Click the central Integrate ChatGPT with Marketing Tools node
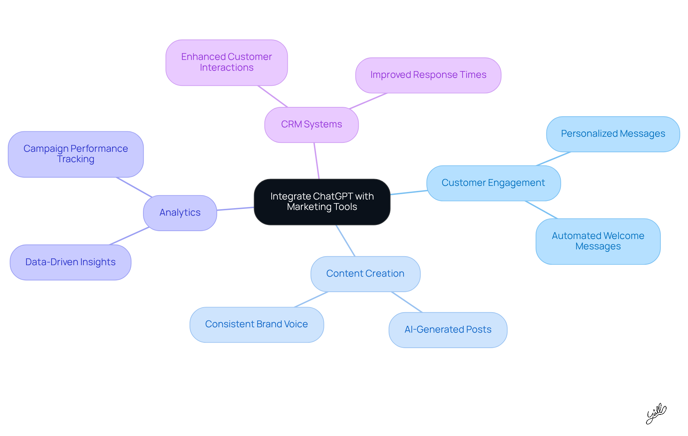(322, 202)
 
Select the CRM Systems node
(311, 125)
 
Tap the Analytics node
(180, 213)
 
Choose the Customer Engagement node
(493, 183)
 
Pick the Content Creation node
(365, 274)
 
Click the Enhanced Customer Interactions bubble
(226, 62)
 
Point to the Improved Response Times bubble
(428, 75)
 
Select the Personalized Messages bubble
(613, 134)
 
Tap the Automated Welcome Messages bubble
(598, 241)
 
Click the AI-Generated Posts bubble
(448, 330)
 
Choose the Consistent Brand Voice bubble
(256, 324)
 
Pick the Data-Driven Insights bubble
(70, 262)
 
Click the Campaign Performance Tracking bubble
(76, 154)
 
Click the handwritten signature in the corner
(656, 413)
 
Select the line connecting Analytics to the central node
(235, 208)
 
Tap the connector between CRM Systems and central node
(316, 160)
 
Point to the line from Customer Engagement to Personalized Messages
(553, 159)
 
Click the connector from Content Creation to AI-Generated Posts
(407, 302)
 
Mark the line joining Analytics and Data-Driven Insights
(129, 236)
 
